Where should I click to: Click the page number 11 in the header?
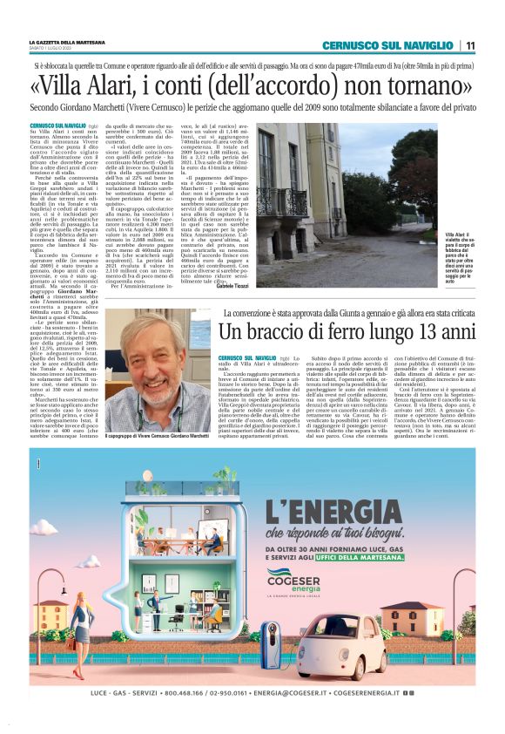pos(470,45)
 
